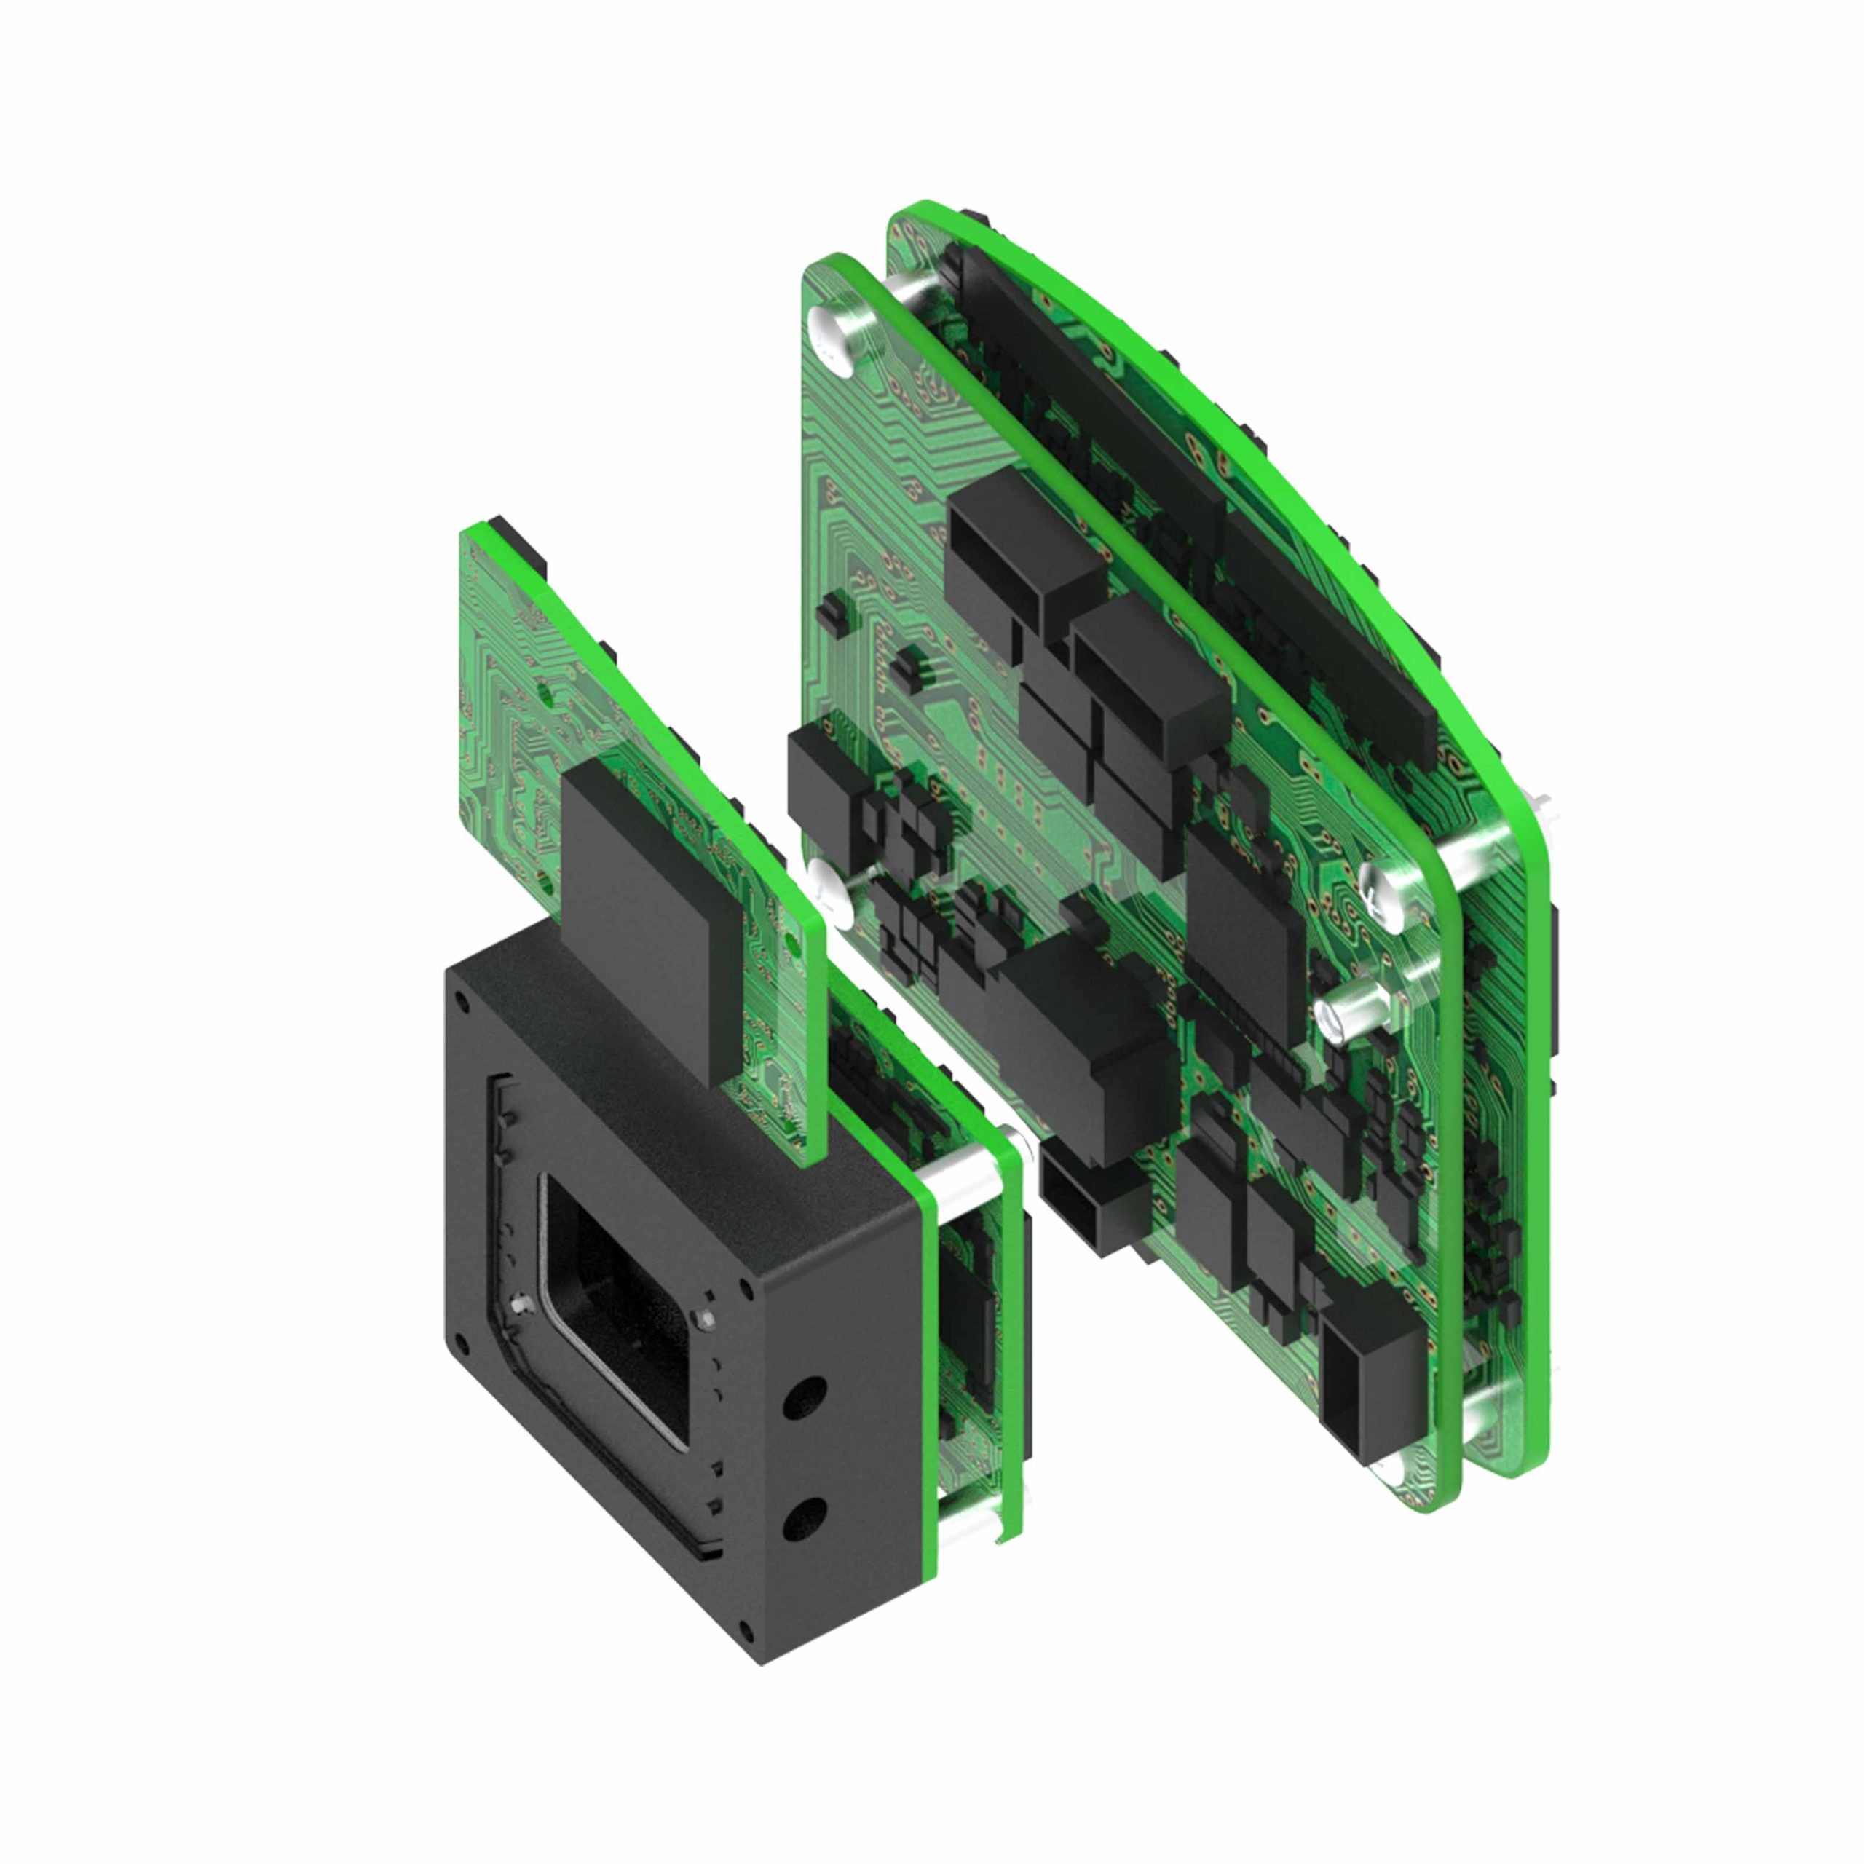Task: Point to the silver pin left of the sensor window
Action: click(523, 1304)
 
